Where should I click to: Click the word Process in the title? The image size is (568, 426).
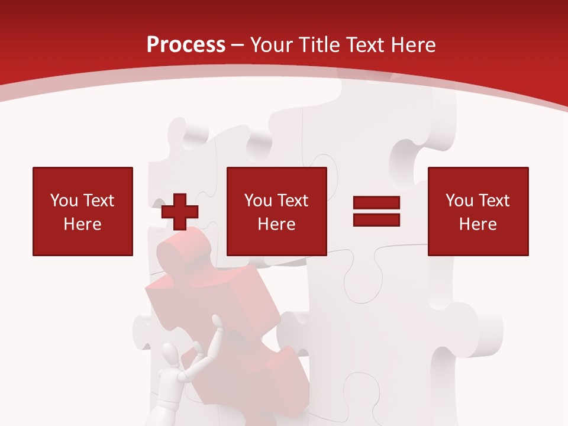[186, 45]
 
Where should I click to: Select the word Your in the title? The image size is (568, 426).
[272, 45]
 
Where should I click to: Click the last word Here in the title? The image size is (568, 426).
[412, 45]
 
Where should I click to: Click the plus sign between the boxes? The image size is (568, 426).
[180, 212]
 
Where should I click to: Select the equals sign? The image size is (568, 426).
[376, 211]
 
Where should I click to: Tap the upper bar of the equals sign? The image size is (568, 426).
[376, 203]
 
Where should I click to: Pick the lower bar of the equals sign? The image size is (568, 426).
[376, 220]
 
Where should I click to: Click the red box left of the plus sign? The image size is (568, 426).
[83, 211]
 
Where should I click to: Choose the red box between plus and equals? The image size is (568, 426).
[276, 211]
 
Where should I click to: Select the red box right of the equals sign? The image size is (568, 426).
[477, 211]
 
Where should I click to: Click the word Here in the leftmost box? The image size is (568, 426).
[82, 224]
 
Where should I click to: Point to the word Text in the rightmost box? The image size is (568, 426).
[494, 201]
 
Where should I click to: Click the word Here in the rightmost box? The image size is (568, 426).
[477, 224]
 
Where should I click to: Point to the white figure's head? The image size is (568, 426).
[171, 356]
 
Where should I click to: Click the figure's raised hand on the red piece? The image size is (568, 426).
[218, 322]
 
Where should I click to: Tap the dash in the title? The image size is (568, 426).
[237, 45]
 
